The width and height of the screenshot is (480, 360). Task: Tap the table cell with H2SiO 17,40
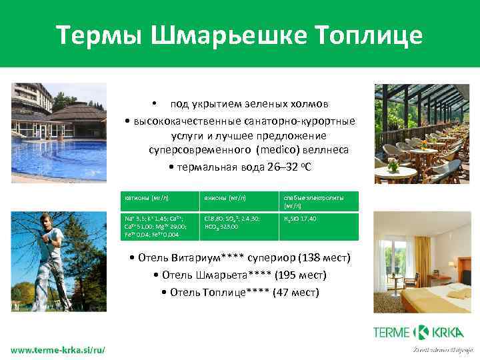pos(301,218)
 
